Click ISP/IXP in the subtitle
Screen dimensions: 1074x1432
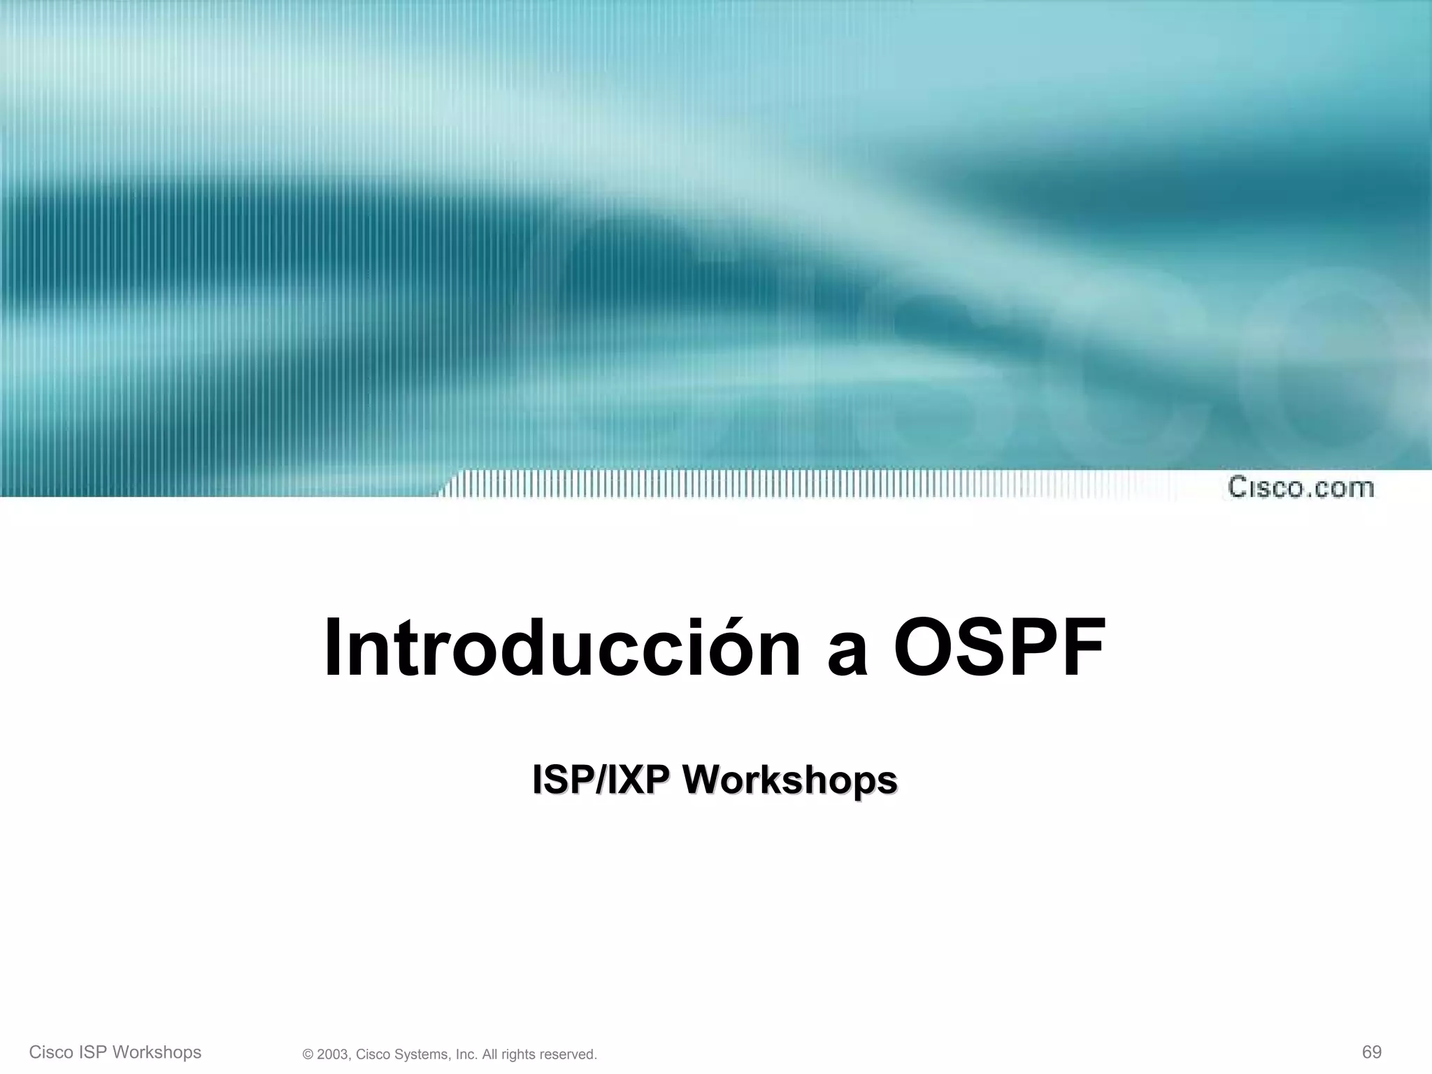[601, 780]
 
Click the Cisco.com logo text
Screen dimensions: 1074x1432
[1301, 487]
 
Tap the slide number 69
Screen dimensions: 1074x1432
[1371, 1052]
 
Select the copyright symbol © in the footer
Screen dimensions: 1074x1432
[308, 1054]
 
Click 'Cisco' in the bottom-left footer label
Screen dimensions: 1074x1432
[50, 1052]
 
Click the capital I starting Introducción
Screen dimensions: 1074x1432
[334, 648]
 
